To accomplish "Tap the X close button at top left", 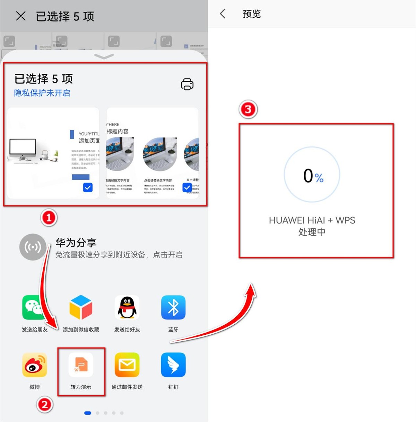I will click(21, 16).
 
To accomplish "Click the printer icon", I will click(187, 84).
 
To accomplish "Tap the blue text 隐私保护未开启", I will click(42, 93).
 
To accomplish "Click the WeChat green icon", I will click(34, 307).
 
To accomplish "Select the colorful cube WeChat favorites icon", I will click(81, 307).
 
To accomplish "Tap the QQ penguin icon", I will click(127, 307).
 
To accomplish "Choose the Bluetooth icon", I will click(173, 307).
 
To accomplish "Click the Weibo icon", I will click(34, 365).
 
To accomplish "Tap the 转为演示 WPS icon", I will click(81, 365).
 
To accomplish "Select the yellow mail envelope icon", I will click(127, 365).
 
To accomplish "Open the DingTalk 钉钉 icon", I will click(173, 365).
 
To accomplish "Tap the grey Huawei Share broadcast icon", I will click(33, 247).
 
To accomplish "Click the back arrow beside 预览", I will click(223, 14).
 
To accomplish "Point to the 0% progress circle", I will click(312, 175).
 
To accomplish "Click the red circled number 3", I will click(248, 109).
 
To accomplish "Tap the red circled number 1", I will click(49, 218).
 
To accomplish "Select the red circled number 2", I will click(45, 404).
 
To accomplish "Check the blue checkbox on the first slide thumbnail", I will click(88, 187).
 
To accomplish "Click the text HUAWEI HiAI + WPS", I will click(312, 220).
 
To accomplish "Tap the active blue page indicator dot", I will click(88, 413).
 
